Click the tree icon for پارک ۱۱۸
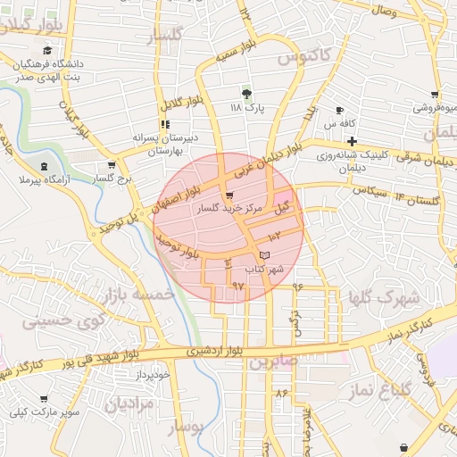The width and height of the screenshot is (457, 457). click(x=247, y=93)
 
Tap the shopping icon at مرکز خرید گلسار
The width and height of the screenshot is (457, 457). click(x=230, y=195)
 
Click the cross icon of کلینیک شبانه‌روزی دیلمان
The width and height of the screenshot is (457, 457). click(x=353, y=141)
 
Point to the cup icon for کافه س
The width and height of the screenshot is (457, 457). click(x=340, y=110)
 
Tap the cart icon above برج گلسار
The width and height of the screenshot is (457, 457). click(x=111, y=165)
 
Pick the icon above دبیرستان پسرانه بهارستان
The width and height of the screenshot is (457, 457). click(x=164, y=124)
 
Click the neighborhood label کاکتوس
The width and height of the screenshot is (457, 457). click(x=304, y=57)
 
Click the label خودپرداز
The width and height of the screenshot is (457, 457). click(x=148, y=375)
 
